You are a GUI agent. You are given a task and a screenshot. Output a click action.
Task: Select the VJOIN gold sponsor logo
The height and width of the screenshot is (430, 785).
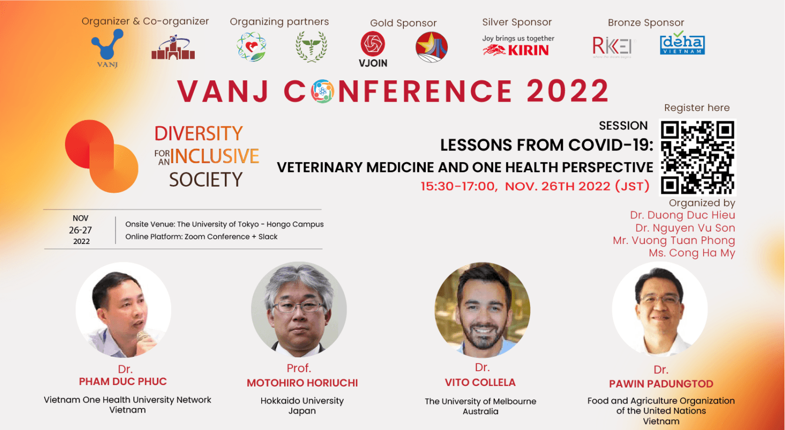click(x=373, y=49)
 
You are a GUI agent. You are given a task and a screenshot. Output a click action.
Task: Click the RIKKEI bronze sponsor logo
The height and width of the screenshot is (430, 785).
click(x=612, y=47)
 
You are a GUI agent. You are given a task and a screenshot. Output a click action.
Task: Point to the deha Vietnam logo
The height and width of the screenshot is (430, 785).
click(x=682, y=44)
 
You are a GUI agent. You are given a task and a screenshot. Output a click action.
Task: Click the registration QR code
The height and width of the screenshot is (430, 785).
click(x=698, y=157)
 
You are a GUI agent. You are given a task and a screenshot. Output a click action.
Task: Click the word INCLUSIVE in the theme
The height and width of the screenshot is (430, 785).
click(x=215, y=156)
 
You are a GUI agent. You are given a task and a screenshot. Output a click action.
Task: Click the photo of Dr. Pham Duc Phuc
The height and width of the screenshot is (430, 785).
click(x=123, y=309)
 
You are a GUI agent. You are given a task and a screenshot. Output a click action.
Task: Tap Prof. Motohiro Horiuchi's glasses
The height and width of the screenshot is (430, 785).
click(x=298, y=306)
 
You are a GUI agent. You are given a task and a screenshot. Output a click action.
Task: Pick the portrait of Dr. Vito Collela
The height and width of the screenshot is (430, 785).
click(x=482, y=309)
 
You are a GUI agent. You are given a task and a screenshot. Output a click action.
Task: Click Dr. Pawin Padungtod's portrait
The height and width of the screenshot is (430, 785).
click(x=660, y=309)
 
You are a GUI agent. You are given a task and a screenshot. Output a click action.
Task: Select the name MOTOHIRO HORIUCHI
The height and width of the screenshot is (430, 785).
click(x=302, y=383)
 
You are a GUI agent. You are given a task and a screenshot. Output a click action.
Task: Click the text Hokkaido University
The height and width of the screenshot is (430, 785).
click(x=302, y=401)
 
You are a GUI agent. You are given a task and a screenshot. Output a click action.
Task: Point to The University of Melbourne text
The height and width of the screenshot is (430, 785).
click(x=480, y=401)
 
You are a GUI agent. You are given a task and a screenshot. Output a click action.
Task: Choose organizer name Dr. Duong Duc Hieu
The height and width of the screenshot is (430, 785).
click(x=682, y=215)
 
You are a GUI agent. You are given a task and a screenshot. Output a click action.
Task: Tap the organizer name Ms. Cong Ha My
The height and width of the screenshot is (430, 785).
click(x=691, y=253)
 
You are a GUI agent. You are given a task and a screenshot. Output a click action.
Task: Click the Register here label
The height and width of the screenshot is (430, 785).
click(x=697, y=108)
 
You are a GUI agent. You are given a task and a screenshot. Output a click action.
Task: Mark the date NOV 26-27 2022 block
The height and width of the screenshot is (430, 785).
click(x=81, y=230)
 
